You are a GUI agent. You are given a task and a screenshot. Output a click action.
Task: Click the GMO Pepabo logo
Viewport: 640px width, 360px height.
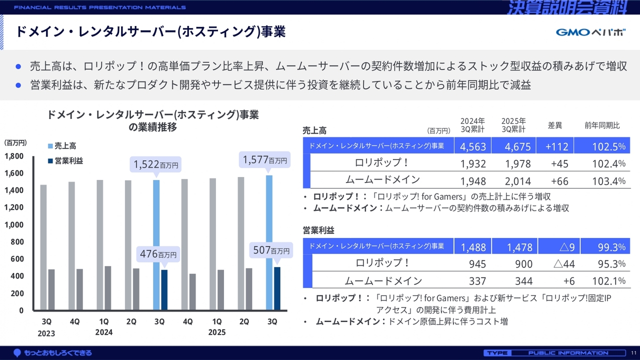tap(590, 32)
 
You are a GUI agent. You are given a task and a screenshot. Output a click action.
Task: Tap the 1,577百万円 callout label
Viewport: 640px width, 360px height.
tap(264, 160)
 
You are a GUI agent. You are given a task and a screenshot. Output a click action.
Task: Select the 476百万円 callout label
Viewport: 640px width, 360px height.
tap(157, 254)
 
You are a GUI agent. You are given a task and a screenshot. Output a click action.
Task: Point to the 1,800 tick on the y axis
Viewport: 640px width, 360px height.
tap(14, 156)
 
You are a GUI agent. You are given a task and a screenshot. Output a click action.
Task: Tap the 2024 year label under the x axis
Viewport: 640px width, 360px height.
tap(103, 332)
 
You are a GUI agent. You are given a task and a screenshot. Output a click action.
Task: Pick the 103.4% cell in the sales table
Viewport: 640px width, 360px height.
tap(608, 180)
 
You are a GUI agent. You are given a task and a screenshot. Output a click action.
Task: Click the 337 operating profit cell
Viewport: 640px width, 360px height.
tap(477, 281)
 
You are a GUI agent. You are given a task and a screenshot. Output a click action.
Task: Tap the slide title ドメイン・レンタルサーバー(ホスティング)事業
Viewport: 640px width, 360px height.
tap(150, 32)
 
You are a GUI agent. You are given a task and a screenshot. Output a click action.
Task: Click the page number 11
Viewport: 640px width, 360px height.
tap(633, 353)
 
